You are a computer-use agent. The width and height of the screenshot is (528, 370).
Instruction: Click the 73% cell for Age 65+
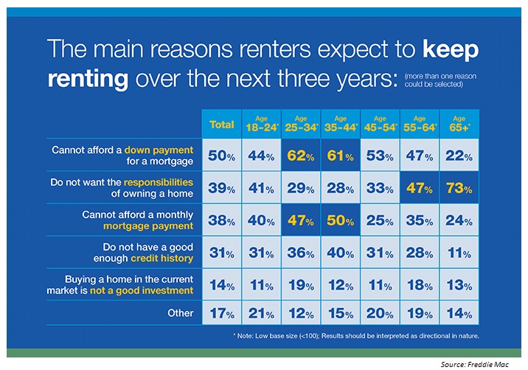(458, 188)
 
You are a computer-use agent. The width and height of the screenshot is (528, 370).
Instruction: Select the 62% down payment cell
(301, 156)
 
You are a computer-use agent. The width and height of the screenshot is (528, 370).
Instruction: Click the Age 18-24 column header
(261, 123)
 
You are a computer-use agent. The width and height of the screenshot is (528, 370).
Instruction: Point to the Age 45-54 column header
(380, 123)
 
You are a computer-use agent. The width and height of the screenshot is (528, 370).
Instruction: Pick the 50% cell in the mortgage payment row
(340, 220)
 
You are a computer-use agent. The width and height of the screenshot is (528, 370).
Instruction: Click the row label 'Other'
(181, 313)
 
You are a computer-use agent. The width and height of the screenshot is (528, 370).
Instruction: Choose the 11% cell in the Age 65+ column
(458, 253)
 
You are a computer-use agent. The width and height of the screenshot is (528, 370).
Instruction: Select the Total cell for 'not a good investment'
(222, 285)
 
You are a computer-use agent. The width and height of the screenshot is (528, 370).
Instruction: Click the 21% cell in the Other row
(261, 313)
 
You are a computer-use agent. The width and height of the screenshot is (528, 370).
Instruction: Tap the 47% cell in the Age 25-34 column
(301, 220)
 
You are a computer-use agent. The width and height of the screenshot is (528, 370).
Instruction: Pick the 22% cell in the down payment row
(458, 156)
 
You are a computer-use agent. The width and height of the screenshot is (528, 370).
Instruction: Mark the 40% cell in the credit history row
(340, 253)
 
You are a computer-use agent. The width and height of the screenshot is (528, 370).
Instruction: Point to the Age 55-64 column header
(419, 123)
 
